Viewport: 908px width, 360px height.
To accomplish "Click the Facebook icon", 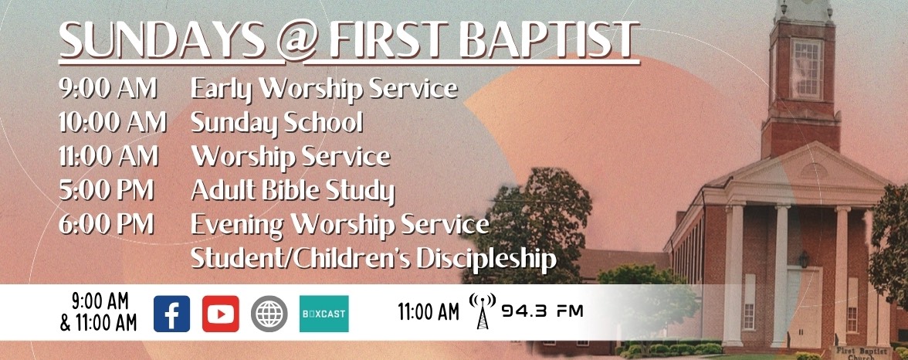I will point(171,314).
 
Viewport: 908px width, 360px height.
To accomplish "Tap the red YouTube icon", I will point(221,314).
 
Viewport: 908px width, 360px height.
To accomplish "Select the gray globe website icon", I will point(269,314).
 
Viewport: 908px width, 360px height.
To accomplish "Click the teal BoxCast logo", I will point(324,314).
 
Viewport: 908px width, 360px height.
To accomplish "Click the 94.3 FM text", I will point(542,312).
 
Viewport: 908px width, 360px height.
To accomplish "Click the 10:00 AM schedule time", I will point(113,122).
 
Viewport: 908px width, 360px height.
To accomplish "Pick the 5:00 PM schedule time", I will point(106,189).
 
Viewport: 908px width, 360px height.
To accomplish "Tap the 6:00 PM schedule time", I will point(106,224).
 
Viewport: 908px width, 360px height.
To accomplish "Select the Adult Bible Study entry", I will point(292,190).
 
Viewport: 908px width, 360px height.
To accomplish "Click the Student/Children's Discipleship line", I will point(373,259).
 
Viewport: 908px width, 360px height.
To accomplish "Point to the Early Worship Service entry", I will point(324,89).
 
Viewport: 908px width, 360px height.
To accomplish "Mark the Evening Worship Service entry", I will point(340,224).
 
